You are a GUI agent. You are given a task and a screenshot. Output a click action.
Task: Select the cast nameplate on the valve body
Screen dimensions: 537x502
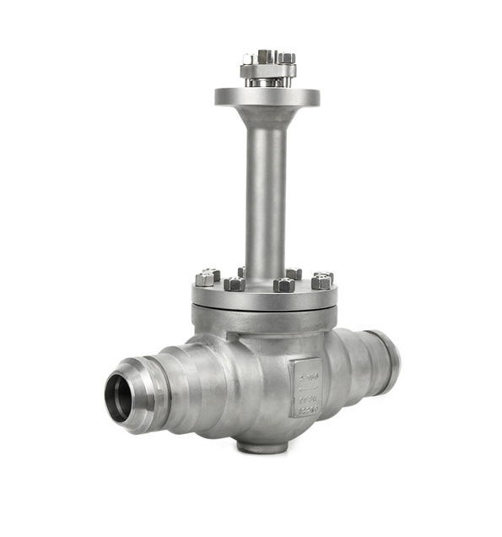(x=305, y=387)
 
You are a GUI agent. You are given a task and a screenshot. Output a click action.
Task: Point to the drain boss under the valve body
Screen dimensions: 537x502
(x=262, y=444)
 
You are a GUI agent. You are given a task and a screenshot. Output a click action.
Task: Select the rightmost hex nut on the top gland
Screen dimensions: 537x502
(x=287, y=58)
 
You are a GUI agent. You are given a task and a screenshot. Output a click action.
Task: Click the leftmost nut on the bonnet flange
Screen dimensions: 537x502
(x=207, y=277)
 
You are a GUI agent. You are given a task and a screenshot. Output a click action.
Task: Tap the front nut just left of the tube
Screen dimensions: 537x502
(x=235, y=283)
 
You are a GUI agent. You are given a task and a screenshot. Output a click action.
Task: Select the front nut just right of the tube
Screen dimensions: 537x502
(x=284, y=285)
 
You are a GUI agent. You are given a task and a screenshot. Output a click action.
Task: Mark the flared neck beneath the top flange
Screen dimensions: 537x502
(x=266, y=116)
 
